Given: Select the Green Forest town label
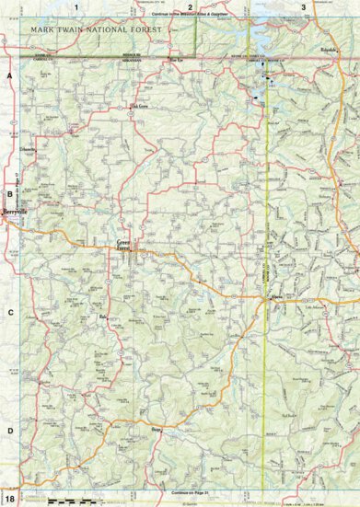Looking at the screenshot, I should point(124,246).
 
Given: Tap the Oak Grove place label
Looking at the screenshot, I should point(139,106).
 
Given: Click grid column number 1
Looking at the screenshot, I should point(78,7).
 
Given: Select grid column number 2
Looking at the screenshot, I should point(190,7).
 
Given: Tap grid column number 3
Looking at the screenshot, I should point(304,7).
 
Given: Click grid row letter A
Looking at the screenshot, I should point(9,75).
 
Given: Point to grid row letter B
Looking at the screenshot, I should point(9,193).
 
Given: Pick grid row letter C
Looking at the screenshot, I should point(9,313).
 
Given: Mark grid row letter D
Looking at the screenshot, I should point(9,431).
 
